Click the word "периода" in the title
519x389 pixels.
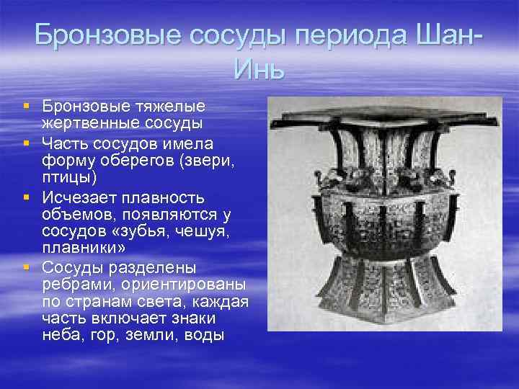click(x=345, y=35)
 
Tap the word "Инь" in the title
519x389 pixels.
click(x=259, y=71)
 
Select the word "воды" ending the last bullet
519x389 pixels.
click(x=204, y=335)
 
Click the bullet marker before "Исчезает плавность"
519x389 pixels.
click(x=27, y=197)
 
